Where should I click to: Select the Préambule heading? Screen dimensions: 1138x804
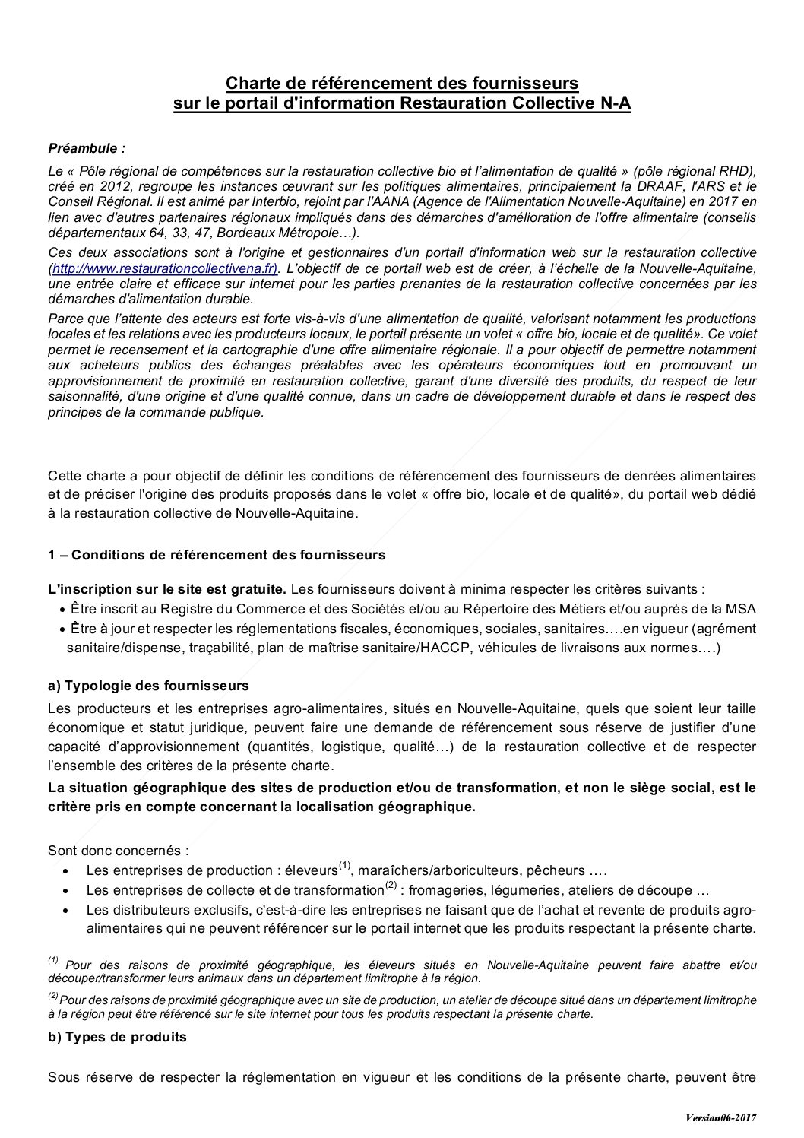[87, 147]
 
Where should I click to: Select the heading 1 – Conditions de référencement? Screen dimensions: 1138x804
[217, 555]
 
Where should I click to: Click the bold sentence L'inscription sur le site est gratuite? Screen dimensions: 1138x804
[167, 589]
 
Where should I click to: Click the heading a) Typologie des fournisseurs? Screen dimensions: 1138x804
[148, 686]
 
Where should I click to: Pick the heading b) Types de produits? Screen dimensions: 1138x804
[117, 1038]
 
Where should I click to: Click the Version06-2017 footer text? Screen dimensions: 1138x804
[721, 1117]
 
